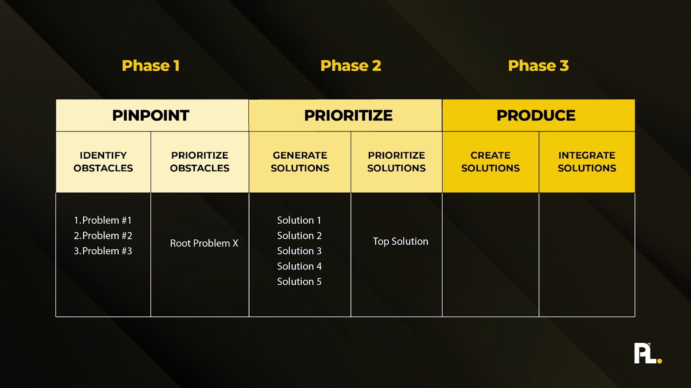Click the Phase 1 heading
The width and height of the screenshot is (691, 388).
pos(150,66)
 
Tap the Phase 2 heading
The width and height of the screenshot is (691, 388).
pos(351,66)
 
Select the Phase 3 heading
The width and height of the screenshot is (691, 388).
pos(538,66)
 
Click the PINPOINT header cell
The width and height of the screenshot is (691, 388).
pos(151,116)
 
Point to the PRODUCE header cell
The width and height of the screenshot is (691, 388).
pos(536,116)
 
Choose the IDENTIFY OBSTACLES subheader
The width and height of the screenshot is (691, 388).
pos(103,162)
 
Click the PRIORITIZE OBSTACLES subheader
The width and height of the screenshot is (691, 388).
pos(200,162)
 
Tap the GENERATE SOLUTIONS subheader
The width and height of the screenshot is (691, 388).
pos(300,162)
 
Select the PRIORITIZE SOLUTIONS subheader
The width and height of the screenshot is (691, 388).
pos(396,162)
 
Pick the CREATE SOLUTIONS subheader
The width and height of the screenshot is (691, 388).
pos(490,162)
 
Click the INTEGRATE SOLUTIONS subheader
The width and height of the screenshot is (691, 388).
pos(586,162)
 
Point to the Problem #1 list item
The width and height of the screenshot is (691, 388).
pos(103,220)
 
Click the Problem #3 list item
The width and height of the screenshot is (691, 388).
pos(103,251)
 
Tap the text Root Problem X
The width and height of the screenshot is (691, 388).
pos(204,243)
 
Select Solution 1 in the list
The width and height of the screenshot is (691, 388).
pos(299,220)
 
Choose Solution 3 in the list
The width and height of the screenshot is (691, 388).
pos(299,251)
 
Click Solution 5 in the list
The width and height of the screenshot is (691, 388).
pos(299,282)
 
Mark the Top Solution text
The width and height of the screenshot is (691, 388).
pos(400,241)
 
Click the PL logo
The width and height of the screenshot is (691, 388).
pos(645,354)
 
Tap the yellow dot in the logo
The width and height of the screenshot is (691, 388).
pos(659,361)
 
